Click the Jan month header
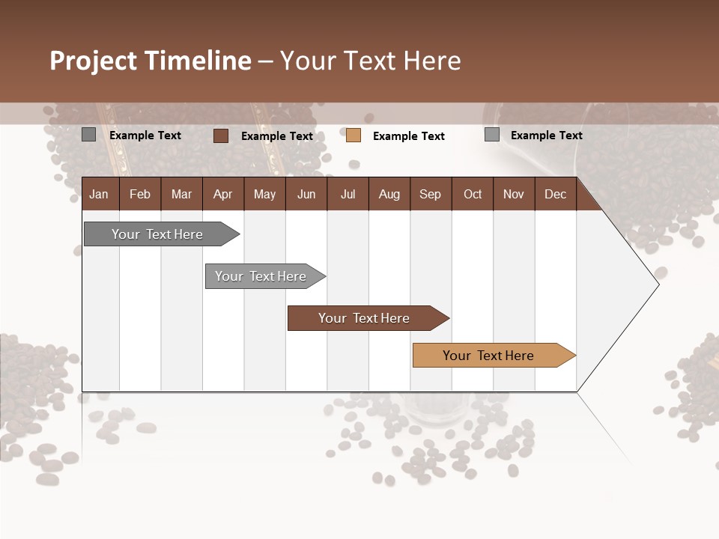tap(99, 194)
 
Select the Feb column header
tap(140, 194)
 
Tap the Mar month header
tap(181, 194)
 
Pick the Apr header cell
tap(222, 194)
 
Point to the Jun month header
tap(306, 194)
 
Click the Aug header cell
tap(389, 194)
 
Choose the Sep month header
tap(431, 194)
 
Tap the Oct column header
tap(473, 194)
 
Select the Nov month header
tap(514, 194)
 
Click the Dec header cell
tap(555, 194)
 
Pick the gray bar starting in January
tap(158, 234)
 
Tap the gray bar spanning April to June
tap(261, 276)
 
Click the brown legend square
tap(221, 135)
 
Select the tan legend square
tap(354, 135)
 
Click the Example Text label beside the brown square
tap(276, 136)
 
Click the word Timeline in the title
tap(198, 61)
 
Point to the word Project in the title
tap(93, 61)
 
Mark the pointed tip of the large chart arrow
tap(658, 284)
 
